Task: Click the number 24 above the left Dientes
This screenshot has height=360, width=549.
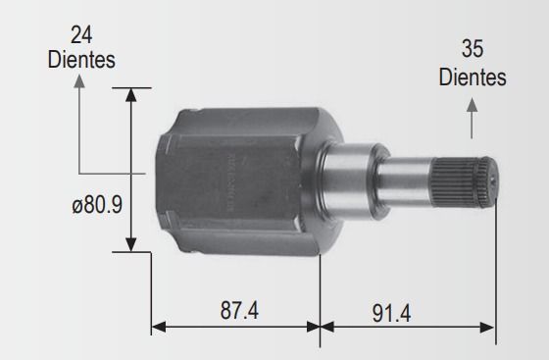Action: point(81,35)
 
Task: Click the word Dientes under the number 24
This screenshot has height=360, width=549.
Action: point(81,60)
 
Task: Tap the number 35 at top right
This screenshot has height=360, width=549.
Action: point(473,49)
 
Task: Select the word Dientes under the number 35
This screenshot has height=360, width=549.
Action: point(473,77)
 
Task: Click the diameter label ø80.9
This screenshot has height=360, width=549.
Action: point(97,205)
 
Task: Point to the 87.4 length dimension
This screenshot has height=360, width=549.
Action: point(239,310)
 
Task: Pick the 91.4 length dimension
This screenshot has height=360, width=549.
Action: point(391,313)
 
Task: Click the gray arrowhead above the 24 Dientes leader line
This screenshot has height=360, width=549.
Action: point(79,80)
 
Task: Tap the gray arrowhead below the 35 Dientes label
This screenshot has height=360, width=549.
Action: point(472,105)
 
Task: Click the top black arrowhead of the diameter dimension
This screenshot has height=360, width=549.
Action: point(131,95)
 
